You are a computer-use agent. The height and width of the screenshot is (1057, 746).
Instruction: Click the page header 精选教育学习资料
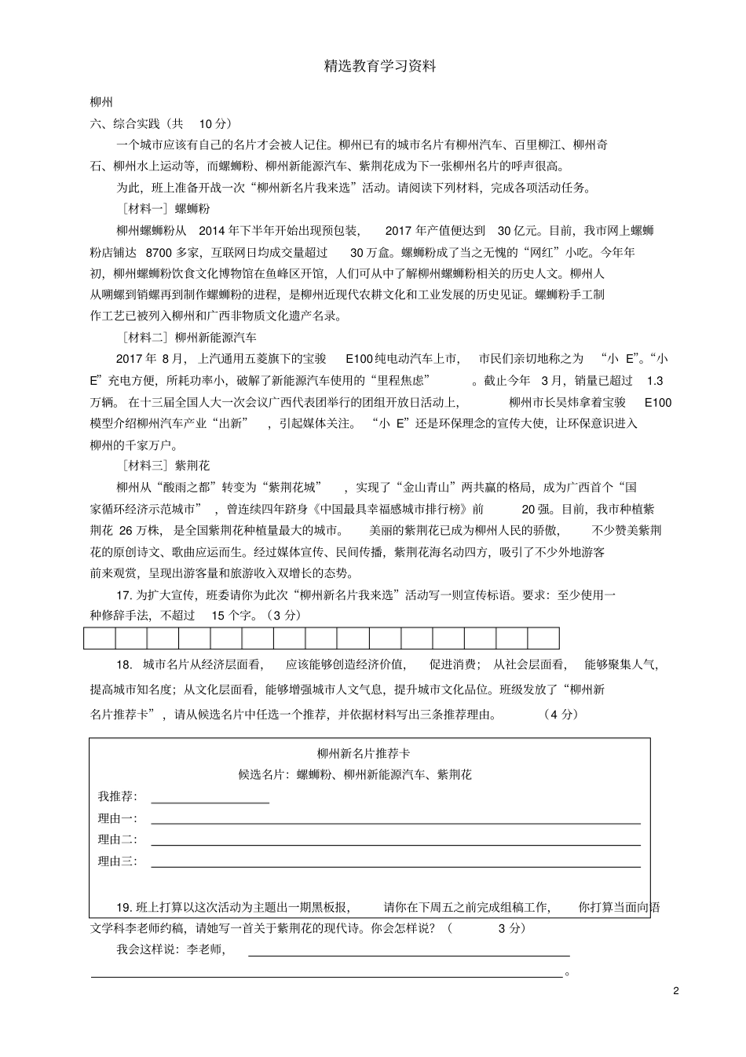[x=380, y=67]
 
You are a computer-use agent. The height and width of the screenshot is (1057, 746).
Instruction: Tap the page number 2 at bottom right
[x=676, y=990]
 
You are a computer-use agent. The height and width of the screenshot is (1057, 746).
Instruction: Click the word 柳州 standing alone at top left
[x=102, y=102]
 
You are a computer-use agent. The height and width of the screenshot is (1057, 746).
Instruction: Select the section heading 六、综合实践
[x=125, y=123]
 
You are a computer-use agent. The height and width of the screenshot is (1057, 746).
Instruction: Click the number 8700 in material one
[x=159, y=252]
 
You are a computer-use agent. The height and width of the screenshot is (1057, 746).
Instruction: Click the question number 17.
[x=124, y=594]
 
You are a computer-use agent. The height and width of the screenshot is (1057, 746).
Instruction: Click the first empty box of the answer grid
[x=100, y=638]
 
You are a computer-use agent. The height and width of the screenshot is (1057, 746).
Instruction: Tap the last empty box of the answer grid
[x=543, y=638]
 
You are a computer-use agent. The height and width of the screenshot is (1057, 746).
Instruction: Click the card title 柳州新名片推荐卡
[x=364, y=753]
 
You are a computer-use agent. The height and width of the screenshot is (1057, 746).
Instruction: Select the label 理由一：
[x=118, y=818]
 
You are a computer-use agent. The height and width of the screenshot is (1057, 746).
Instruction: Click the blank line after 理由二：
[x=395, y=843]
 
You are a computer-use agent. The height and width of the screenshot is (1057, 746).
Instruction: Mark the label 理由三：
[x=118, y=861]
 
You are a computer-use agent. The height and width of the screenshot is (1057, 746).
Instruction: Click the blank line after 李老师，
[x=408, y=953]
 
